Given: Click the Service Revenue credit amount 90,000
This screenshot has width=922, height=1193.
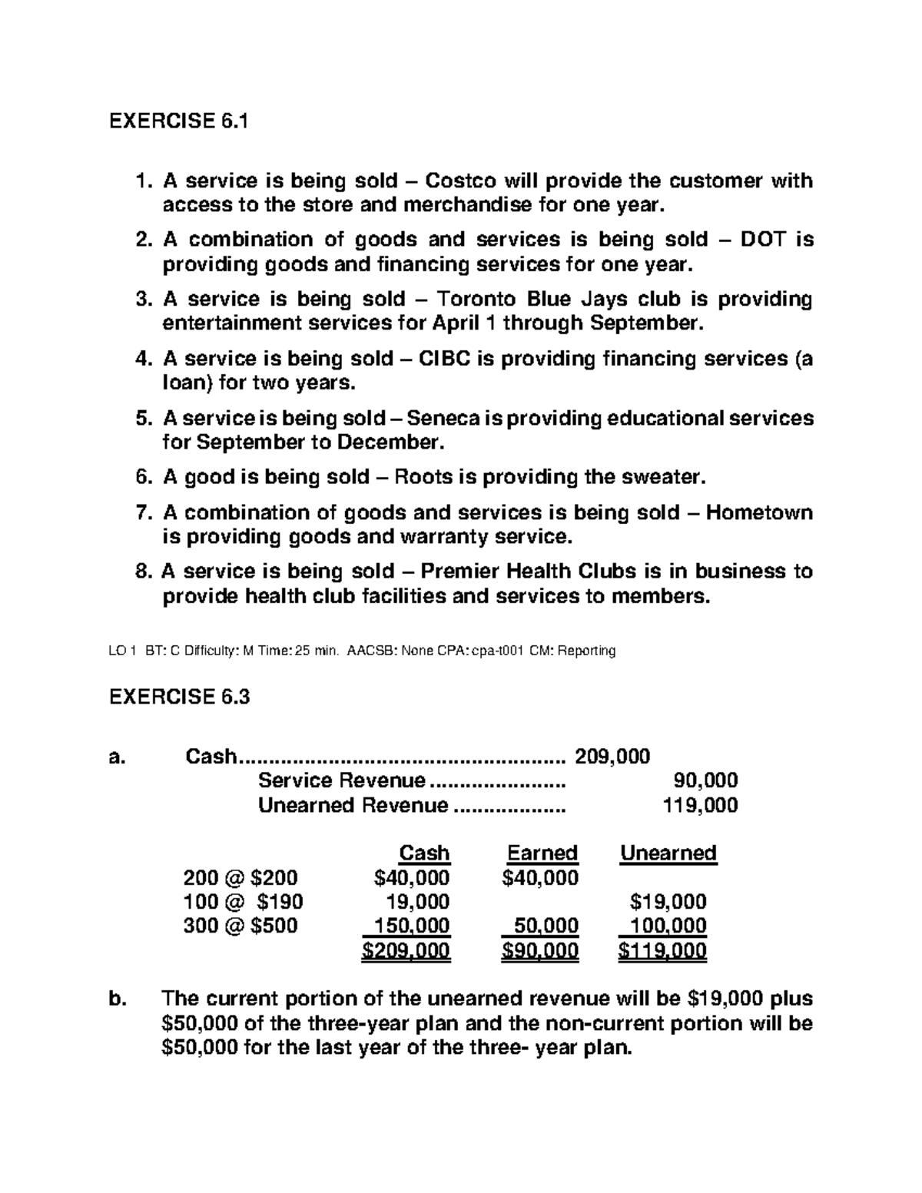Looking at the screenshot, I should (705, 781).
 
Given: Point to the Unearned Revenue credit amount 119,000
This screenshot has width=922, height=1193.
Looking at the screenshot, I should (700, 806).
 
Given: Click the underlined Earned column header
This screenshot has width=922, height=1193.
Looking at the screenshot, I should (542, 853).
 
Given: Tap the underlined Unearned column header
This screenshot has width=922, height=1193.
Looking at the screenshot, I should (668, 853).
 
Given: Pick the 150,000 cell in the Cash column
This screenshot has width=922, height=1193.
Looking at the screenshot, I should (412, 926).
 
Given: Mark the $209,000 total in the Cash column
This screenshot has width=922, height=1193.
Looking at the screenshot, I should (406, 952).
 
